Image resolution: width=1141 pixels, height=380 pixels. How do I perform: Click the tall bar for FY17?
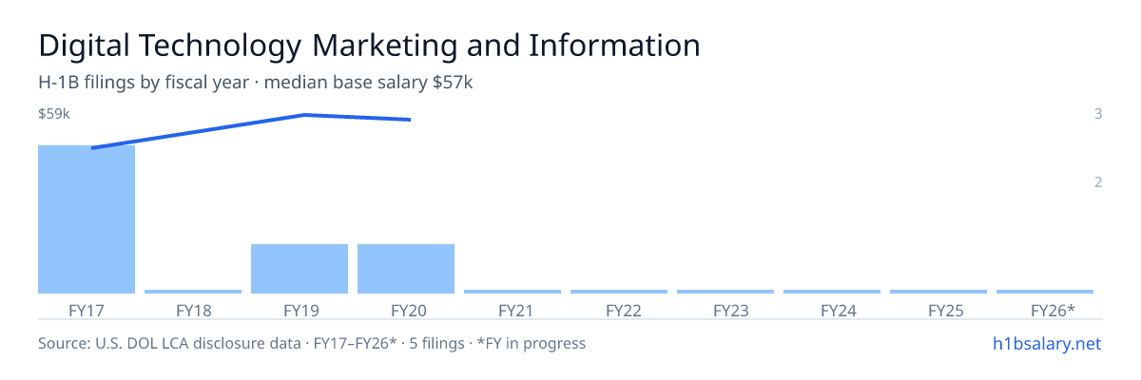click(87, 219)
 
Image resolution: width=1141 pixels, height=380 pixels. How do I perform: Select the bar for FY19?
click(300, 269)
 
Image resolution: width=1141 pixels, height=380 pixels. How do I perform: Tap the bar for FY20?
click(406, 269)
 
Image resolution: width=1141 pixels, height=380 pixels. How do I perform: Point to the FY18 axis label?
click(194, 311)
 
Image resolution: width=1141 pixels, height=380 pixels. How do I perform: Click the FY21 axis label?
click(515, 311)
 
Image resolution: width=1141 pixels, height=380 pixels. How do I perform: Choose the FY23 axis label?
click(731, 311)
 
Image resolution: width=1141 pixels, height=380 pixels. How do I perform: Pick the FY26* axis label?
click(1053, 311)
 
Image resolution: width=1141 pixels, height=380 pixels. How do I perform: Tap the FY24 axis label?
click(839, 311)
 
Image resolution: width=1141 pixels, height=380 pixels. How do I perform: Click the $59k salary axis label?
click(54, 114)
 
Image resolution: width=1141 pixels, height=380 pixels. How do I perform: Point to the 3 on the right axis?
click(1098, 114)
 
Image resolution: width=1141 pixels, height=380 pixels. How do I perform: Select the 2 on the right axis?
click(1098, 182)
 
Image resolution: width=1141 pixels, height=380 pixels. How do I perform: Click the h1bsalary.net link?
click(1047, 344)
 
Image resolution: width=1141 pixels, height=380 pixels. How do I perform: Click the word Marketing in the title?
click(384, 46)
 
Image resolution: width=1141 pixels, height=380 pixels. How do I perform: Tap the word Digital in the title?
click(84, 46)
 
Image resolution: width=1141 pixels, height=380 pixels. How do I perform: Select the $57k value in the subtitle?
click(453, 83)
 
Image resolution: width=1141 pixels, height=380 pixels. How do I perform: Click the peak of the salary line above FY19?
click(304, 114)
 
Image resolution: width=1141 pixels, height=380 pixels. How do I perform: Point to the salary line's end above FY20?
click(410, 120)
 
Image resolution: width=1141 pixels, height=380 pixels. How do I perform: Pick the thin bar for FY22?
click(619, 292)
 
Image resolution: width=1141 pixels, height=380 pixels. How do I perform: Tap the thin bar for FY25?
click(938, 292)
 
